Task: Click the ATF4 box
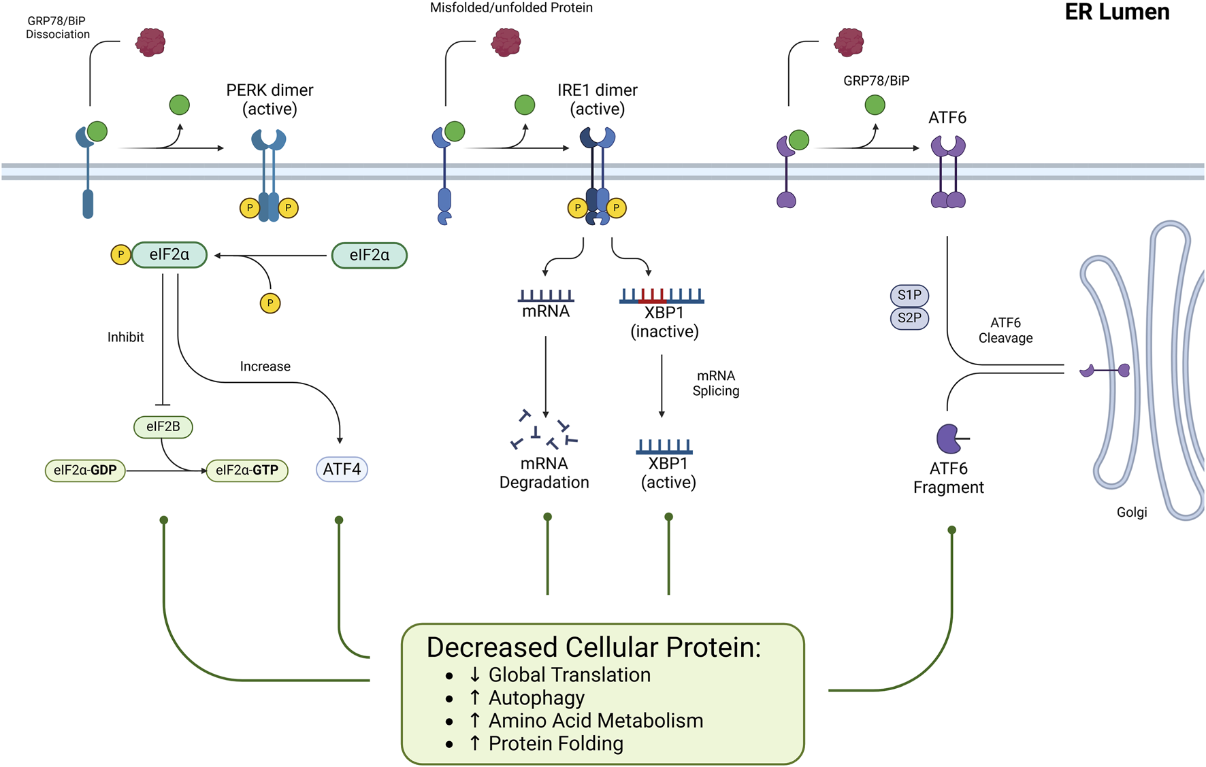[342, 469]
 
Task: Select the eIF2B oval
[163, 426]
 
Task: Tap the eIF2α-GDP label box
[85, 470]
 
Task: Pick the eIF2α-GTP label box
[246, 470]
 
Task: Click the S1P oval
[909, 295]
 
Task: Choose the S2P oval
[909, 318]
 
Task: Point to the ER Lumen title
[1116, 12]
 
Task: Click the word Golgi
[1131, 512]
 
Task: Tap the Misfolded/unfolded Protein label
[511, 8]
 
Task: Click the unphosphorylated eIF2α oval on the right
[369, 256]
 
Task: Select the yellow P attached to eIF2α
[120, 255]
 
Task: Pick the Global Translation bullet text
[569, 675]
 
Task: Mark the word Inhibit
[126, 337]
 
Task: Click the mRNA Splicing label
[715, 383]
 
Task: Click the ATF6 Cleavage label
[1005, 330]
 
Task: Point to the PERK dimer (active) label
[270, 99]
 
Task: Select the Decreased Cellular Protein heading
[593, 647]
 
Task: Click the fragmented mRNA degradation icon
[544, 430]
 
